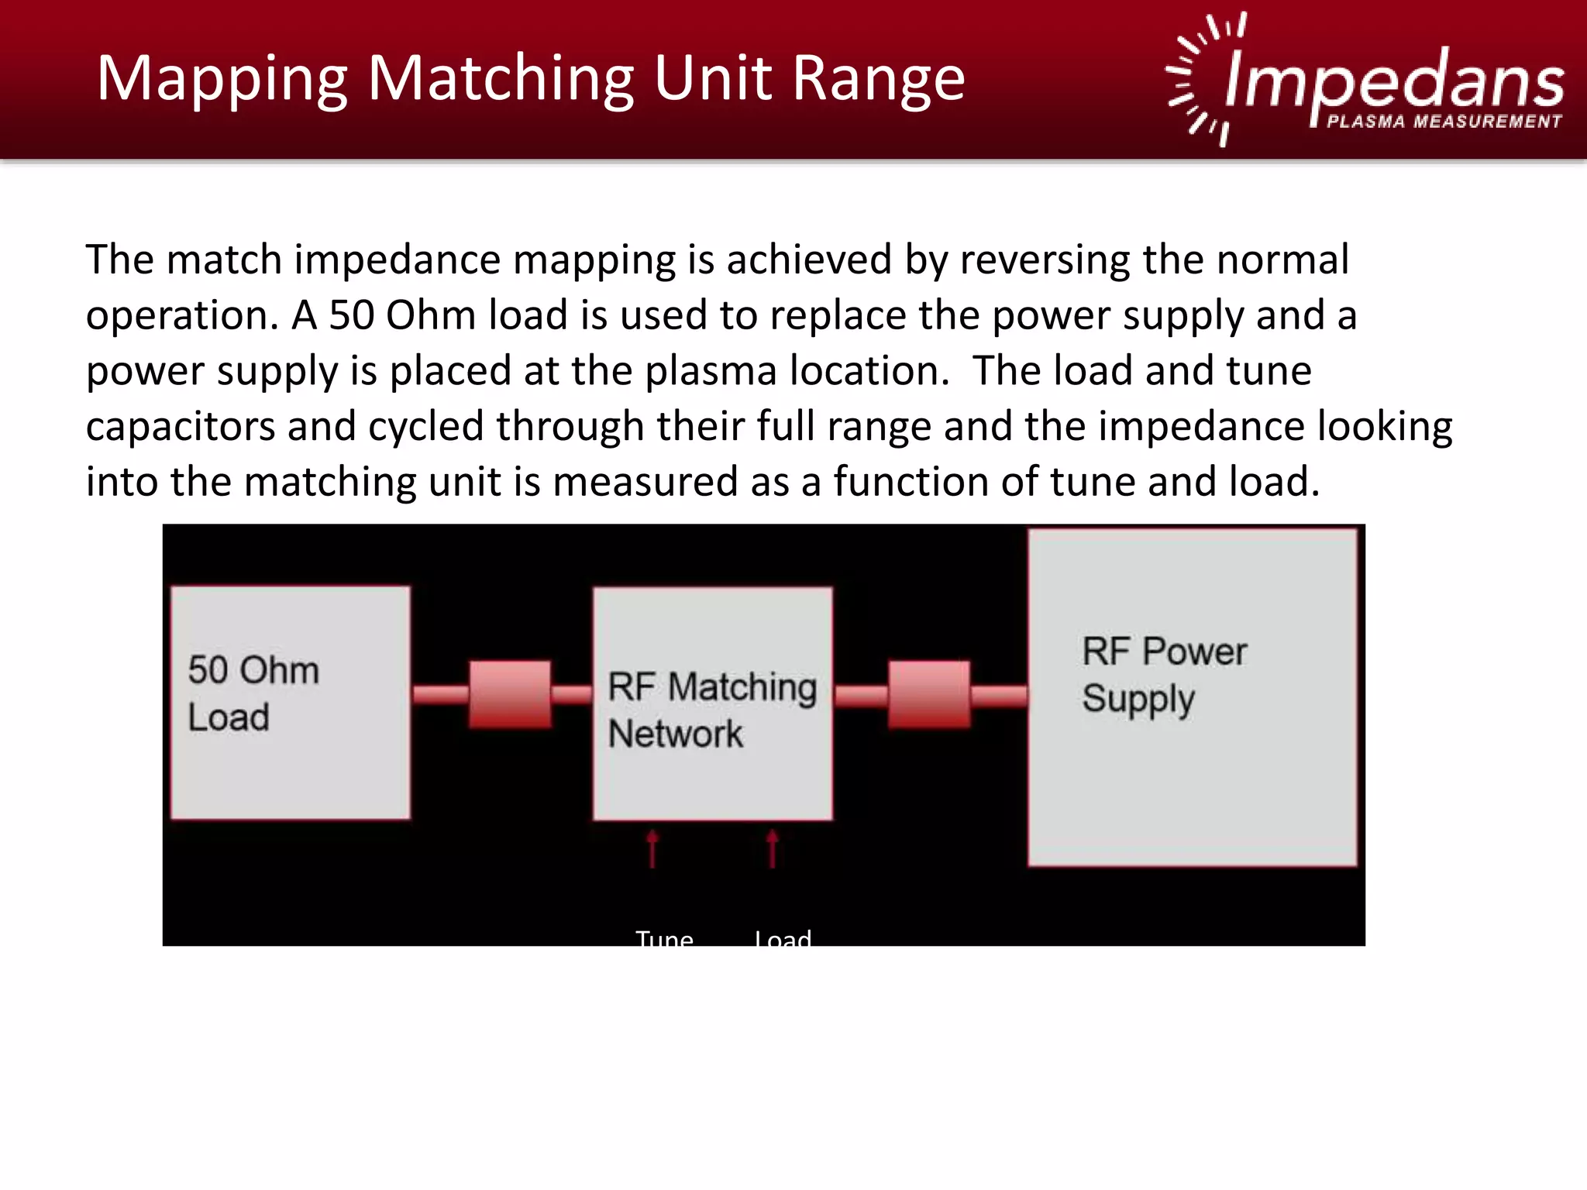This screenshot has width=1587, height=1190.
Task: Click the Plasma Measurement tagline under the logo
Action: point(1444,122)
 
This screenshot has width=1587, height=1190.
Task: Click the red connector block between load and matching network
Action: point(510,694)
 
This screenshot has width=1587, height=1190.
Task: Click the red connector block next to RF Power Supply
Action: point(928,694)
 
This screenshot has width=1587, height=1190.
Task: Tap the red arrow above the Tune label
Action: point(652,849)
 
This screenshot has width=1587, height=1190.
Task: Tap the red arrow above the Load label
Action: point(772,849)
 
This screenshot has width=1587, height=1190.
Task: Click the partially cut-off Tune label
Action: point(664,937)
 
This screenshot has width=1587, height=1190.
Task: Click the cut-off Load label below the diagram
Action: point(783,937)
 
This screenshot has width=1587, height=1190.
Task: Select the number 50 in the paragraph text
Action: point(352,316)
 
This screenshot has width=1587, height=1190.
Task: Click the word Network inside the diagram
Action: point(675,734)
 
